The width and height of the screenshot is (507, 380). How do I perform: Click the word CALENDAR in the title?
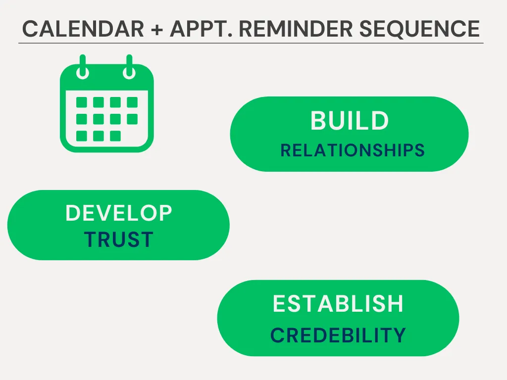(x=83, y=29)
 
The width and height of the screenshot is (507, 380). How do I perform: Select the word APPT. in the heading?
(x=201, y=29)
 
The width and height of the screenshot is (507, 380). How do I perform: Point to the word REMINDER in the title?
(x=296, y=29)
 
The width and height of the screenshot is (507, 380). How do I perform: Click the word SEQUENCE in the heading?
(x=419, y=29)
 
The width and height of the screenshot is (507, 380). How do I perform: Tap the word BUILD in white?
(x=350, y=121)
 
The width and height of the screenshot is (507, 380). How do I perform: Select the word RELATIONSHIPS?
(x=353, y=150)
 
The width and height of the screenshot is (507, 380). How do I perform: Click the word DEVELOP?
(x=119, y=213)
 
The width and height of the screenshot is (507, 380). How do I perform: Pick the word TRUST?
(x=119, y=239)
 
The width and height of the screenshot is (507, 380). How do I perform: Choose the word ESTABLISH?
(x=338, y=304)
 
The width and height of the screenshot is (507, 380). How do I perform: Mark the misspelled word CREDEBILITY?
(x=338, y=335)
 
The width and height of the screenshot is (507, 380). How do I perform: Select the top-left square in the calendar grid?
(x=82, y=102)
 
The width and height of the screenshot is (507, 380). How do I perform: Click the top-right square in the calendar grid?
(x=132, y=102)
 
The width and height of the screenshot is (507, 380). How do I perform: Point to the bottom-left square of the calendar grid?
(x=82, y=136)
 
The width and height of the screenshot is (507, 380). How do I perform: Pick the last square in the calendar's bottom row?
(x=115, y=136)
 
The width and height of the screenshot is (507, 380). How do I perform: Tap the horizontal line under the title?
(x=251, y=43)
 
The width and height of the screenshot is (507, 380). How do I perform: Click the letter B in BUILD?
(x=318, y=121)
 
